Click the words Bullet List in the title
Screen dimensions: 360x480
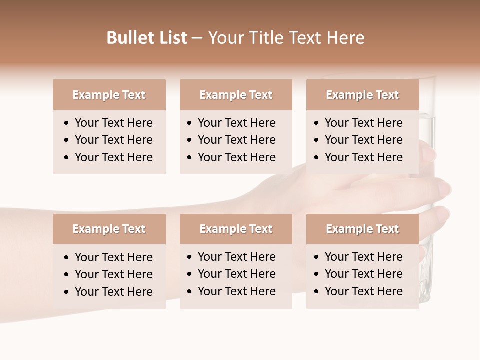pyautogui.click(x=147, y=38)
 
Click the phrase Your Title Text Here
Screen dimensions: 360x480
pyautogui.click(x=286, y=38)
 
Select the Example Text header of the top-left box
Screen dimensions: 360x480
pyautogui.click(x=109, y=95)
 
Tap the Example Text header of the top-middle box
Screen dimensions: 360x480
pyautogui.click(x=236, y=95)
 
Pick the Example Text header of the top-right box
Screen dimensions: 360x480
pyautogui.click(x=362, y=95)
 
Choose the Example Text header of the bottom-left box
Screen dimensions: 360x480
pyautogui.click(x=109, y=229)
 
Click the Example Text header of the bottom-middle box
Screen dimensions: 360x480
pyautogui.click(x=236, y=229)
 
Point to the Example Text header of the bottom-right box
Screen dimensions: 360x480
pyautogui.click(x=362, y=229)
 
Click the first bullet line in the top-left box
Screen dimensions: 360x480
pyautogui.click(x=113, y=123)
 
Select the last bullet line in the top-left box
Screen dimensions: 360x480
pyautogui.click(x=113, y=157)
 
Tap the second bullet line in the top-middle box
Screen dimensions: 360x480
pyautogui.click(x=236, y=140)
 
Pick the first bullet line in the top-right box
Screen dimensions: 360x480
pyautogui.click(x=363, y=123)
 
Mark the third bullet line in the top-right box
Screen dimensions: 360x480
pyautogui.click(x=363, y=157)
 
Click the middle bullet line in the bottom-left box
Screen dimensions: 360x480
pyautogui.click(x=113, y=274)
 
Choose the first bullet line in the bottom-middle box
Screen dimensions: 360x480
pyautogui.click(x=236, y=257)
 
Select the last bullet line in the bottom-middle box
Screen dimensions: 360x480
pyautogui.click(x=236, y=291)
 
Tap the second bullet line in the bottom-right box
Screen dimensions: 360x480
pyautogui.click(x=363, y=274)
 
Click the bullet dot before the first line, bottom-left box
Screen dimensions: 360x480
pyautogui.click(x=67, y=258)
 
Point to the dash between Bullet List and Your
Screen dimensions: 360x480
pyautogui.click(x=197, y=38)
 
